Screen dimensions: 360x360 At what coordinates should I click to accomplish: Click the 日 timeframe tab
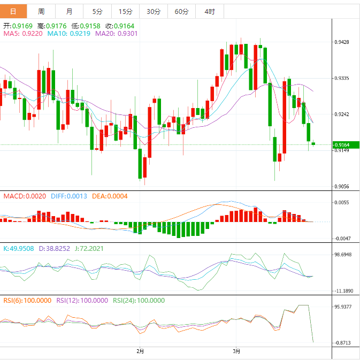(13, 11)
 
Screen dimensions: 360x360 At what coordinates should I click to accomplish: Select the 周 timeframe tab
(42, 11)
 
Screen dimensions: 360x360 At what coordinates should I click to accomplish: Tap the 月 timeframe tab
(70, 11)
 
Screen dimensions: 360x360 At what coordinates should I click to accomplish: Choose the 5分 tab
(97, 11)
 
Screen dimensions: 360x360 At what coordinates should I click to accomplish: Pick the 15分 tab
(125, 11)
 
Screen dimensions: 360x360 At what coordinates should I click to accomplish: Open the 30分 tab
(153, 11)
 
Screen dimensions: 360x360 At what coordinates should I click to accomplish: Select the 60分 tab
(181, 11)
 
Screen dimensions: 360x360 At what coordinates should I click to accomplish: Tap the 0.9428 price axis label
(342, 42)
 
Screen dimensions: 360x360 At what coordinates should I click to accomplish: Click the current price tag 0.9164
(342, 145)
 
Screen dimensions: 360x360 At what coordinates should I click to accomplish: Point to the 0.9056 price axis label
(342, 187)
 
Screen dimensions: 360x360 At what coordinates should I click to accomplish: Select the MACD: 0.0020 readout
(25, 196)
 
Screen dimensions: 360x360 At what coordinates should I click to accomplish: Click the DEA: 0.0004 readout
(110, 196)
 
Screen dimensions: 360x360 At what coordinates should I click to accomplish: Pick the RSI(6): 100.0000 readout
(27, 301)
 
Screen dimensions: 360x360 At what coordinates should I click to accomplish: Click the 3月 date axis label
(236, 351)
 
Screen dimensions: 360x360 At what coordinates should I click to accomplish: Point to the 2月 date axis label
(140, 351)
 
